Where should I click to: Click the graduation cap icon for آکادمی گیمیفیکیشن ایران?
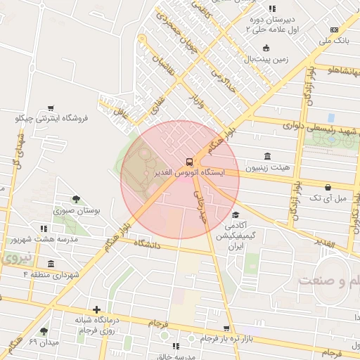[235, 215]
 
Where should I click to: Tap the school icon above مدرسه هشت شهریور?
[44, 229]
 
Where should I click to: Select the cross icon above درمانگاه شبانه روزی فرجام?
[96, 309]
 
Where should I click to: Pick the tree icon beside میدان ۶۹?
[44, 330]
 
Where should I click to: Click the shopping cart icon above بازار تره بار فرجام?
[226, 328]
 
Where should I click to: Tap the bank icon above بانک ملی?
[334, 30]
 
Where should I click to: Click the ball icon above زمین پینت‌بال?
[266, 48]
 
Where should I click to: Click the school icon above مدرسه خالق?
[176, 347]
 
